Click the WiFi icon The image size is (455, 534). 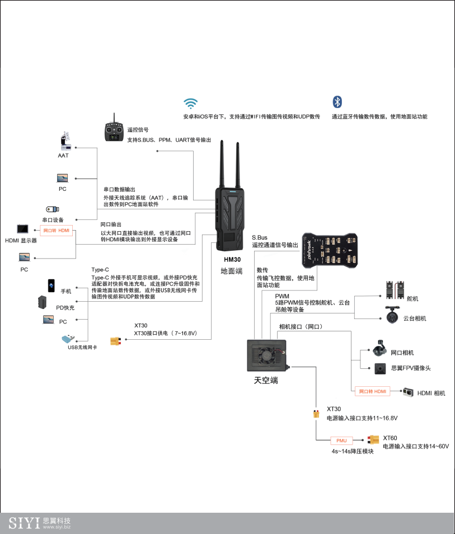click(x=191, y=103)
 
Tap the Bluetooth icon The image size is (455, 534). click(x=337, y=101)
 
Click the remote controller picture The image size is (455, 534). click(x=115, y=132)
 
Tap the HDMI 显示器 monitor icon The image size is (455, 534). click(x=23, y=229)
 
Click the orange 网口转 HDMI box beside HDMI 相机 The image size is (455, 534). click(x=373, y=391)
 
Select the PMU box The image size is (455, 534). click(x=341, y=441)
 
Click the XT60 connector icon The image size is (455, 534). click(x=373, y=440)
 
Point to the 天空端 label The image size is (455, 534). click(x=266, y=381)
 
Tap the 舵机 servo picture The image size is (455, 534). click(x=395, y=289)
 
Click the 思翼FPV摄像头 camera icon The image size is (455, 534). click(x=381, y=368)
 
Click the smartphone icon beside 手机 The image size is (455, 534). click(x=51, y=285)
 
